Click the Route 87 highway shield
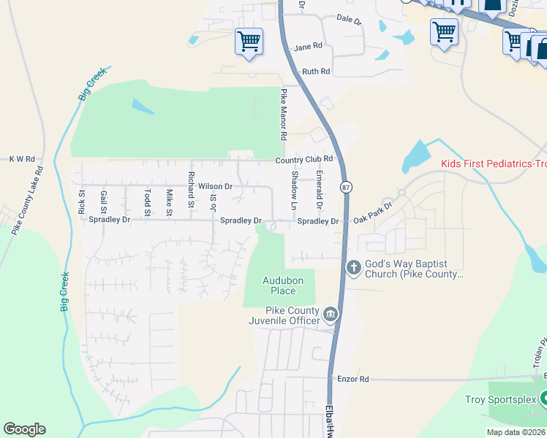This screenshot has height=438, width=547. [x=345, y=188]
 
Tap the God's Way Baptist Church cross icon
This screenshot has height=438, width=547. [x=353, y=268]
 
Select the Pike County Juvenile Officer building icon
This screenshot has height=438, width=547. [x=331, y=315]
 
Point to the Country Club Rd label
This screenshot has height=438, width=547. [x=304, y=159]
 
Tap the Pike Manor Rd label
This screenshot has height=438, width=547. [x=283, y=115]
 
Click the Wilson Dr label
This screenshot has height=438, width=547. [x=215, y=187]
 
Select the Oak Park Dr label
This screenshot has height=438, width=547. [x=373, y=212]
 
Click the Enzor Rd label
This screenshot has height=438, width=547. [x=353, y=379]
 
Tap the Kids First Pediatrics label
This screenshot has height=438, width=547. [x=494, y=164]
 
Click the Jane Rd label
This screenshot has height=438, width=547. [x=308, y=47]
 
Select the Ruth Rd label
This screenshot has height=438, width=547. [x=316, y=72]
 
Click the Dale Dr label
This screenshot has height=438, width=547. [x=349, y=20]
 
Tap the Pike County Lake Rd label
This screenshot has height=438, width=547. [x=26, y=199]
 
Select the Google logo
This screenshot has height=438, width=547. [x=24, y=429]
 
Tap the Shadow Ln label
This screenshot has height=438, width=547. [x=294, y=191]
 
